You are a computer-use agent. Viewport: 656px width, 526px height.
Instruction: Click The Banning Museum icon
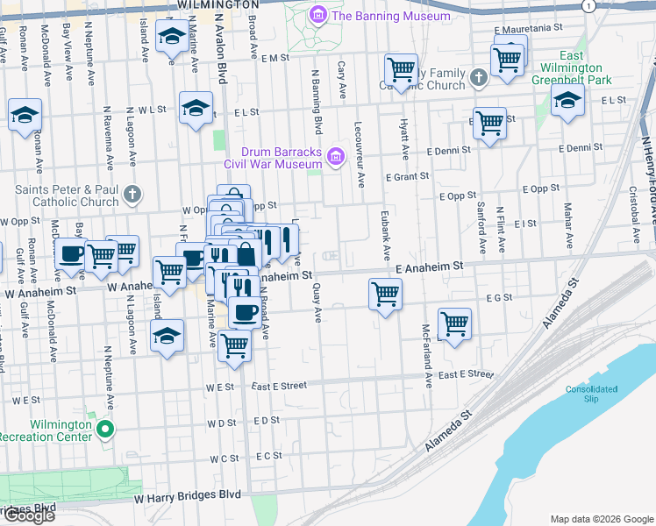(317, 16)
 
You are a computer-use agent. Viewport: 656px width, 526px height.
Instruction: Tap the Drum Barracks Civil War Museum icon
(334, 158)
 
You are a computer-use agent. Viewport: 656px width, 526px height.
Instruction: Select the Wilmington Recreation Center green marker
(105, 430)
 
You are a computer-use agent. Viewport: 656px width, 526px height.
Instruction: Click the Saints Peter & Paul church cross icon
(132, 195)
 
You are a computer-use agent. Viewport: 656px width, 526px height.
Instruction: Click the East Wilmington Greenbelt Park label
(570, 68)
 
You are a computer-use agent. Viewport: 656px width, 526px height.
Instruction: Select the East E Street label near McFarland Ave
(467, 374)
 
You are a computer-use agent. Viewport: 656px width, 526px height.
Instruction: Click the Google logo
(29, 515)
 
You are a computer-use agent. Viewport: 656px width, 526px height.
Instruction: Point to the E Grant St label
(407, 176)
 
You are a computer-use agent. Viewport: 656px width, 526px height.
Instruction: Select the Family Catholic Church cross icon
(478, 79)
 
